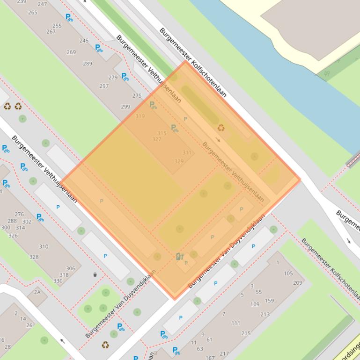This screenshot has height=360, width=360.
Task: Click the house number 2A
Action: pos(37,292)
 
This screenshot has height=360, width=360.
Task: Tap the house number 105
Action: pos(288,274)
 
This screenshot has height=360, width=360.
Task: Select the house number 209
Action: pos(298,283)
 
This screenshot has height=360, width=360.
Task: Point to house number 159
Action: pos(269,301)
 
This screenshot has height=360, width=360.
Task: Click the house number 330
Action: pos(58,281)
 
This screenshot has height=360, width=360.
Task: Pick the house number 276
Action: pos(19,215)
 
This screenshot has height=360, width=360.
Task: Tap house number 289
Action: pos(88,64)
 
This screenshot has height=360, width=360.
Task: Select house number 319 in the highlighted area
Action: pos(140,116)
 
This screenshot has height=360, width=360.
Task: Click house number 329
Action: pos(179,161)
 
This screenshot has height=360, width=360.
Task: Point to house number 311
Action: pos(187,153)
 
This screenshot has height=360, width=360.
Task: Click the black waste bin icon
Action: pos(95,275)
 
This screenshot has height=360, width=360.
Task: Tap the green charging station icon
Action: pos(179,256)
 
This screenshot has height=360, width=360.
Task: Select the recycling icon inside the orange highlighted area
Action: pos(220,128)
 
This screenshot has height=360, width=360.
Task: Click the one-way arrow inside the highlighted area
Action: pos(218,140)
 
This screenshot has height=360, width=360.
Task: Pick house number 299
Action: pos(125,107)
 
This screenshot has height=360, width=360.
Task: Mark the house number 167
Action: pos(211,358)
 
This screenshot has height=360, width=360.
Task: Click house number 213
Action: pos(265,315)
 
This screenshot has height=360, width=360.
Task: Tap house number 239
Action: pos(22,2)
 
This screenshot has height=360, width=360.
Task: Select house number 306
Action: pos(70,268)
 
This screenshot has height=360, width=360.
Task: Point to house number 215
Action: pos(246,333)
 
